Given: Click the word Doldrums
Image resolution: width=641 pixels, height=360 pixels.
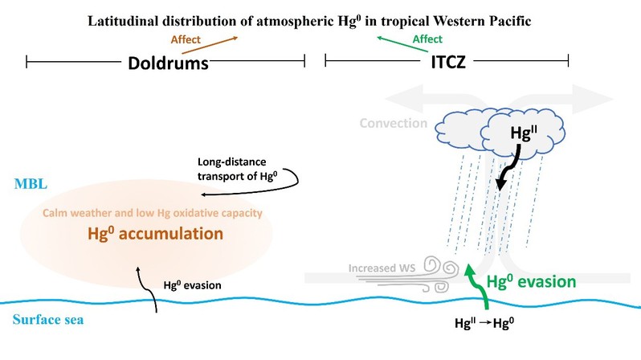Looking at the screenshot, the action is (168, 63).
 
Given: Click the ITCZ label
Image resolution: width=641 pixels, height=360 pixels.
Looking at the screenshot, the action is (448, 62).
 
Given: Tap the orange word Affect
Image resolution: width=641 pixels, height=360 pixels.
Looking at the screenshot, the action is (186, 39).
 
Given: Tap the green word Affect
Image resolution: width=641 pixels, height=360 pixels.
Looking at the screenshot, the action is (427, 39).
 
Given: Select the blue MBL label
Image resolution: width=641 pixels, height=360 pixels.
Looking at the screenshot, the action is (31, 184).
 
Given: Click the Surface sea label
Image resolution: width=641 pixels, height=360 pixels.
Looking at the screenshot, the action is (48, 320).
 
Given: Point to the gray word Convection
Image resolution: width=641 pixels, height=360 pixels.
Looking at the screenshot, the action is (394, 123).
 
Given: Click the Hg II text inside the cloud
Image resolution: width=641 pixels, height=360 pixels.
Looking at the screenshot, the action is (523, 133).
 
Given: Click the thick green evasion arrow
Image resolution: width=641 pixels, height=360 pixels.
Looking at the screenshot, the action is (478, 285).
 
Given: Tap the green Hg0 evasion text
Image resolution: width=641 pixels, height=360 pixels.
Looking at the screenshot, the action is (531, 282).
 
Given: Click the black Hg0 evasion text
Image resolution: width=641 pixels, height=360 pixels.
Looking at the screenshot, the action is (192, 285).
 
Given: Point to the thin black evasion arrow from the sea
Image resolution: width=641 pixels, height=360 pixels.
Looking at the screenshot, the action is (147, 288).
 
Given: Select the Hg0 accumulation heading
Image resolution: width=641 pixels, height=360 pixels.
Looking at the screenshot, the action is (155, 234).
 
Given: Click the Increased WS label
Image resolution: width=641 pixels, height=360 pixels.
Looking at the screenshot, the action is (382, 268).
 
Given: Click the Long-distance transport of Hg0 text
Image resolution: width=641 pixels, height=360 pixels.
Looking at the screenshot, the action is (238, 169).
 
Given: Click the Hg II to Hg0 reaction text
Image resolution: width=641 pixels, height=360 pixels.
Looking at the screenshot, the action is (484, 323).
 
